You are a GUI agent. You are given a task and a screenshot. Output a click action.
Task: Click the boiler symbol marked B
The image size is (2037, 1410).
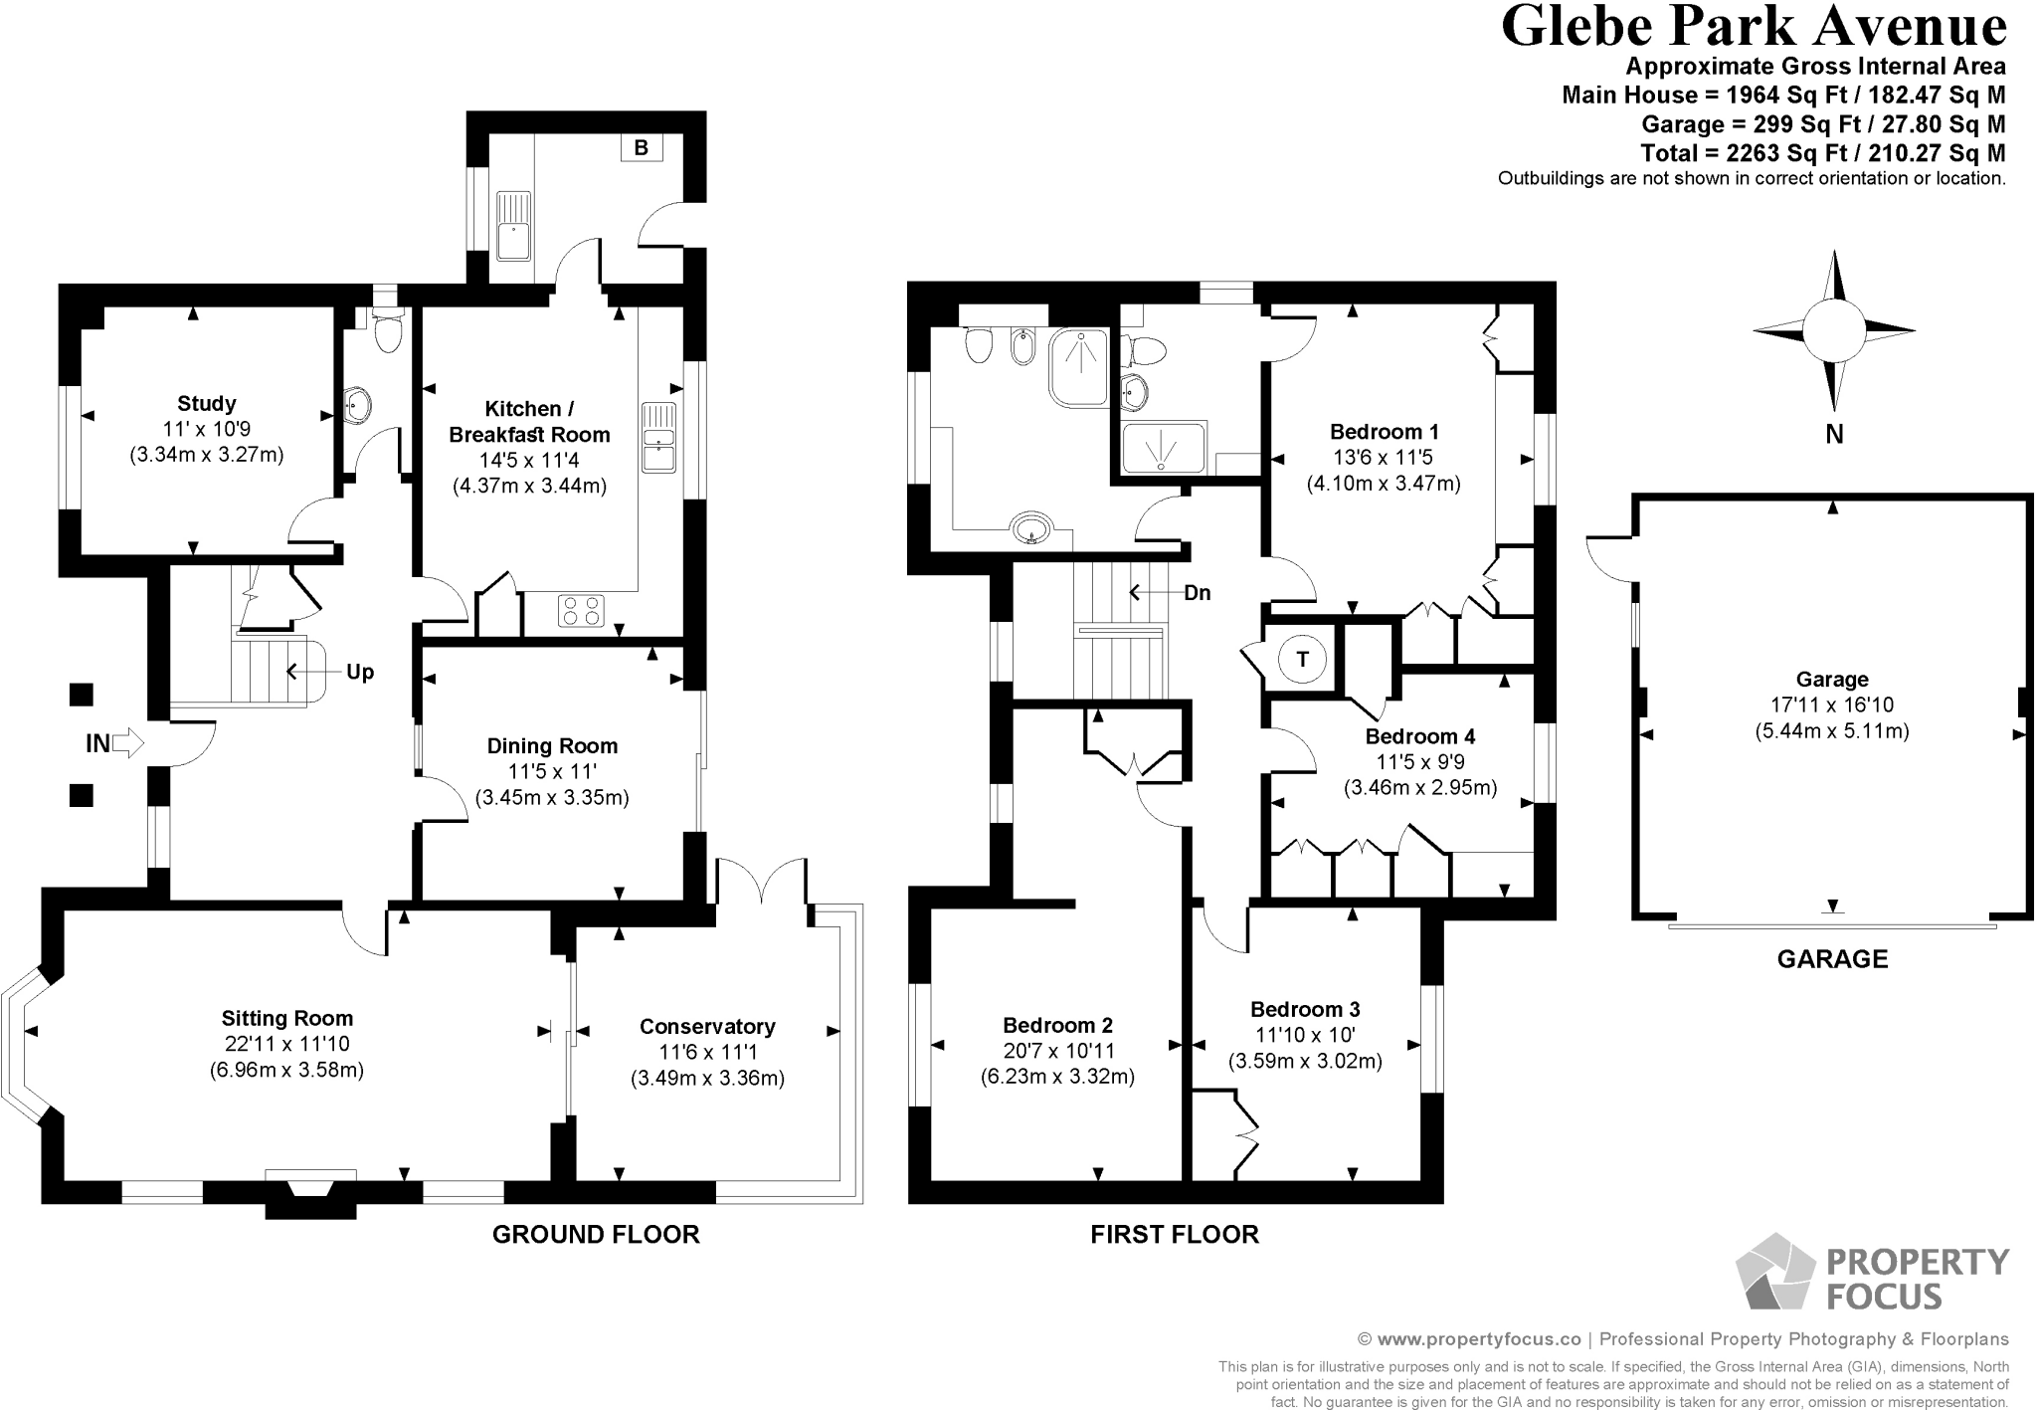point(641,148)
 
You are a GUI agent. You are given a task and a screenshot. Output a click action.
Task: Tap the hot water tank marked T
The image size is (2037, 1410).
point(1302,659)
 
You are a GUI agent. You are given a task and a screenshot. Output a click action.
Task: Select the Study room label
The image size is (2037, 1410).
point(207,404)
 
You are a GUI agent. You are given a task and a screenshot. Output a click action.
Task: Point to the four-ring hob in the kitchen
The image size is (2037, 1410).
point(581,610)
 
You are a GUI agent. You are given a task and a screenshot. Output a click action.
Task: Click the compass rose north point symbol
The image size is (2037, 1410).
point(1833,331)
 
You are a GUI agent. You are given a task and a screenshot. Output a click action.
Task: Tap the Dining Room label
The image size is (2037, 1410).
point(552,746)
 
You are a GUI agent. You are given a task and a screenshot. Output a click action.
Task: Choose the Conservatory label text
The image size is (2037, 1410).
point(707,1027)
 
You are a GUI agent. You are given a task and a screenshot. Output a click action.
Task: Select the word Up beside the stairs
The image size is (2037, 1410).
point(360,673)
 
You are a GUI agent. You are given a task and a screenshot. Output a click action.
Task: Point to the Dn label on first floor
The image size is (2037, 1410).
point(1198,593)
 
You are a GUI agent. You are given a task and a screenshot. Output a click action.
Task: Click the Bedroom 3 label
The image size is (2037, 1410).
point(1305,1010)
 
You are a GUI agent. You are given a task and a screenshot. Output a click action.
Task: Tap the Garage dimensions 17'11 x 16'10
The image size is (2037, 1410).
point(1831,705)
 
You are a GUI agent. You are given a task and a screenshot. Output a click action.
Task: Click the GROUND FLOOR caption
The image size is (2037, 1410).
point(596,1235)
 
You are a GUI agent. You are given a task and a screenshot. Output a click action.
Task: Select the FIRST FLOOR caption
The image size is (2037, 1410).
point(1175,1235)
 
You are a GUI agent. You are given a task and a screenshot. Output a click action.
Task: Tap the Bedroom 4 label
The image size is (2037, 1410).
point(1418,737)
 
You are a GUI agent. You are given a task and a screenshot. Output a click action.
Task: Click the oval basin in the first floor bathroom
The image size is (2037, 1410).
point(1031,526)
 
